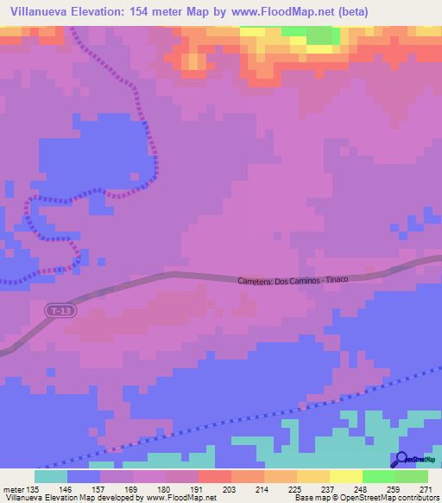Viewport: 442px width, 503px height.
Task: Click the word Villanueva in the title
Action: pos(38,12)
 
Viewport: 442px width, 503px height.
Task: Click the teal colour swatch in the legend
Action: pos(51,476)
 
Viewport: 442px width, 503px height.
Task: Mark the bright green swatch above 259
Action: pos(379,476)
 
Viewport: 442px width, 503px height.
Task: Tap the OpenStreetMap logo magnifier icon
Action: pos(401,458)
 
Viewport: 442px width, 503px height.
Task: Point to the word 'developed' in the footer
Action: pos(111,498)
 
